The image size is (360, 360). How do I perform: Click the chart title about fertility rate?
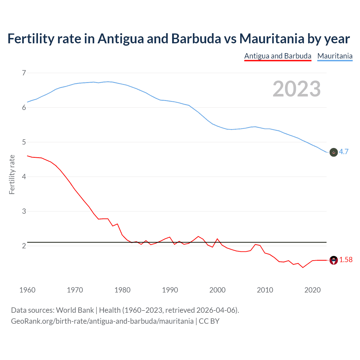click(x=179, y=39)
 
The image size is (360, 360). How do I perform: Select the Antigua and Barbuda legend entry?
click(x=278, y=56)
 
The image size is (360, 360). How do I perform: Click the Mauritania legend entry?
click(x=335, y=56)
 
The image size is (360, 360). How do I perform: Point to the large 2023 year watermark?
click(x=296, y=89)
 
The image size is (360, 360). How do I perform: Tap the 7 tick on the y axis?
click(x=24, y=73)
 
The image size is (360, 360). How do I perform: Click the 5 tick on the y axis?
click(x=24, y=142)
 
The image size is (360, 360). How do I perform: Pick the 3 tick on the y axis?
click(x=24, y=211)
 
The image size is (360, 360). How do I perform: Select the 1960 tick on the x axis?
click(x=27, y=290)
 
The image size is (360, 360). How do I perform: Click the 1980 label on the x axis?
click(x=122, y=290)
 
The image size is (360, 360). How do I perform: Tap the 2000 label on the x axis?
click(x=217, y=290)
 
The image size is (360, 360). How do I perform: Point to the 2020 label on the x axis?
click(x=312, y=290)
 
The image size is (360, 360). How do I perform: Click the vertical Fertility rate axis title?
click(x=12, y=174)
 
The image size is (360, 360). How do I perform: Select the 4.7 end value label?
click(x=344, y=152)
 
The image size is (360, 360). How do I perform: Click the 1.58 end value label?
click(x=346, y=260)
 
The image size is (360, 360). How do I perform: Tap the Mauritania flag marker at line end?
click(x=334, y=152)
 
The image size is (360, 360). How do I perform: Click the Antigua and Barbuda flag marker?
click(x=334, y=260)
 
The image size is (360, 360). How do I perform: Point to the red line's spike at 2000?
click(x=217, y=239)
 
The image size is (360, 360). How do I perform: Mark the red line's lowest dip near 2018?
click(x=303, y=267)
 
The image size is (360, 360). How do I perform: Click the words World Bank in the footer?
click(x=75, y=310)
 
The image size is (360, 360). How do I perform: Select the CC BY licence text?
click(x=209, y=321)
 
